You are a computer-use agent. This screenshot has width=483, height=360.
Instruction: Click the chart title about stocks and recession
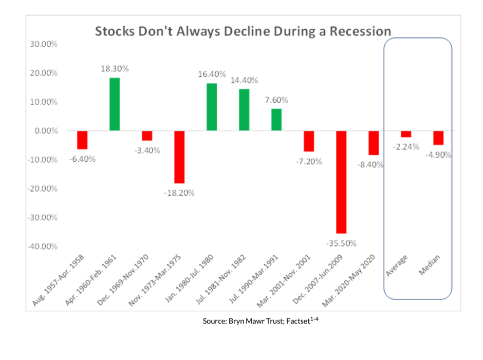[243, 31]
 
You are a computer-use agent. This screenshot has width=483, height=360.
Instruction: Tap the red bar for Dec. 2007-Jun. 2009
[341, 182]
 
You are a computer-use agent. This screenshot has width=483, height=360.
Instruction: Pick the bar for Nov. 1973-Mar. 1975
[179, 157]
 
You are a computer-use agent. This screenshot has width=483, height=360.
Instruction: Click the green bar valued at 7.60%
[276, 120]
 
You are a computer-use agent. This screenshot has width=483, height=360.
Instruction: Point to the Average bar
[406, 134]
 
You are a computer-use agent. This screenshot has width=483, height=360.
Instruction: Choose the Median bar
[438, 138]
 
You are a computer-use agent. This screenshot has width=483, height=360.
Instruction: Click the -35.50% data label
[341, 242]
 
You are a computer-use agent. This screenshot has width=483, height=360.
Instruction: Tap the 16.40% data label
[211, 74]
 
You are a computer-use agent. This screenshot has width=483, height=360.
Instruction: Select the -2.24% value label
[406, 146]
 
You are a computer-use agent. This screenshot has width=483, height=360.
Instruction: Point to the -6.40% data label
[82, 158]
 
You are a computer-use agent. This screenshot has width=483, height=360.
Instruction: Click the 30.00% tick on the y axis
[43, 44]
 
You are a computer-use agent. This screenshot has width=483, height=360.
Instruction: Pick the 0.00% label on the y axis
[45, 131]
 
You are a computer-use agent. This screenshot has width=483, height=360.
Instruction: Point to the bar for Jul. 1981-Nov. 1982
[244, 110]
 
